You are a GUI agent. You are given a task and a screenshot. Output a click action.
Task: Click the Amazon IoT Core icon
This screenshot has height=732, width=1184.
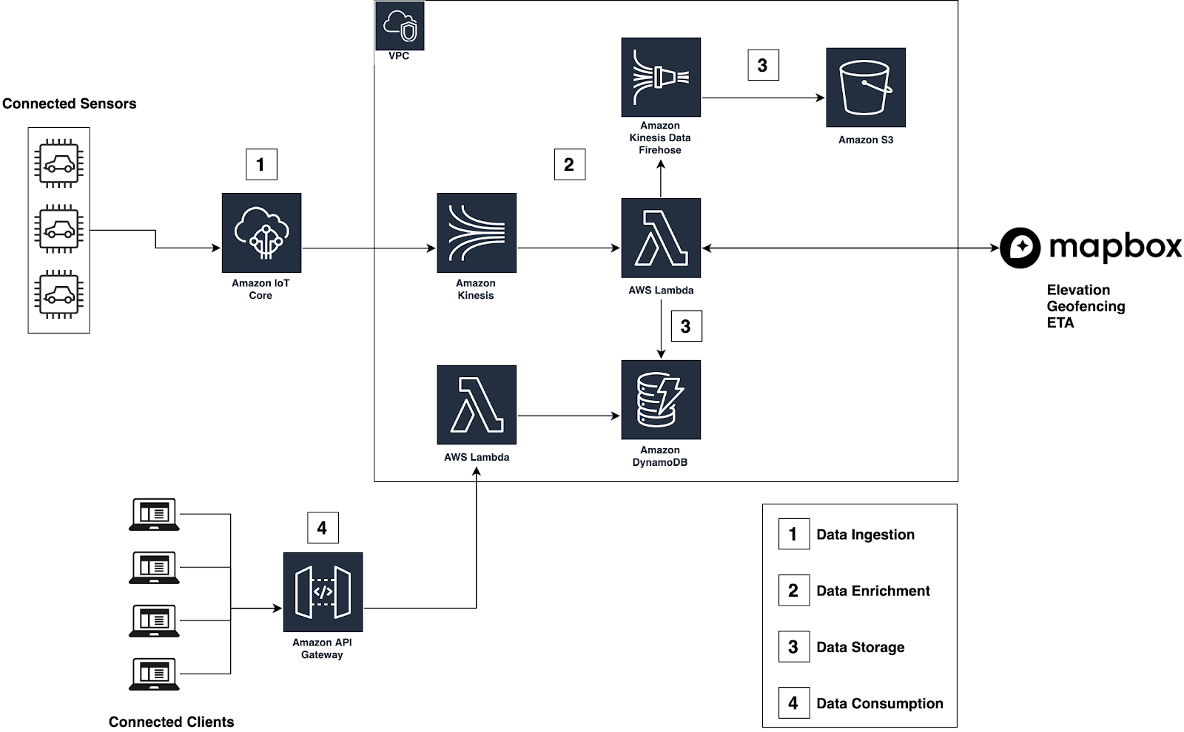[x=262, y=233]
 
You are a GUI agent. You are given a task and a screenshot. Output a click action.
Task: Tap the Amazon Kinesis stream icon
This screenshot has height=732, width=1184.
[x=477, y=233]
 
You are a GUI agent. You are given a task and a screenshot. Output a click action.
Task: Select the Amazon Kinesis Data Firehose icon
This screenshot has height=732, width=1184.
[x=661, y=77]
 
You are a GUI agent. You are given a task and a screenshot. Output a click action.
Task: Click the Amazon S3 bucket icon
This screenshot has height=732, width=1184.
[x=866, y=88]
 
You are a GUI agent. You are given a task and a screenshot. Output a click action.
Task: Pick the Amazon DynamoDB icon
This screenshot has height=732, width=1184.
[x=661, y=400]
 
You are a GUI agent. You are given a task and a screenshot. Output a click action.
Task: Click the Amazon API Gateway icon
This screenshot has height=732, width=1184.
[x=323, y=592]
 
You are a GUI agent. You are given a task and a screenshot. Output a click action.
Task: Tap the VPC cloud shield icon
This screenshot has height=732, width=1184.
[x=400, y=25]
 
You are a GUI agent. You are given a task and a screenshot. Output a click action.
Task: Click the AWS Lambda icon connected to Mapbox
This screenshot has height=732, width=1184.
[x=661, y=238]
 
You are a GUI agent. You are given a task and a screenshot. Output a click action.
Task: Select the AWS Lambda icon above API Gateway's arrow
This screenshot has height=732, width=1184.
[x=477, y=404]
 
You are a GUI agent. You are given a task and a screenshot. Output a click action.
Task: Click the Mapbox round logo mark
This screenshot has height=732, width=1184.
[x=1020, y=248]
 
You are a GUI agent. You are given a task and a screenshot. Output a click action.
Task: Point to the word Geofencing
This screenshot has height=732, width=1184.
[x=1086, y=306]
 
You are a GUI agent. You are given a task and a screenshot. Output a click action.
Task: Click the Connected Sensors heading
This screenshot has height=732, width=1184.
[x=70, y=104]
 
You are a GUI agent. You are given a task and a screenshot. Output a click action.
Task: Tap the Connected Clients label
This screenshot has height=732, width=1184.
[x=171, y=722]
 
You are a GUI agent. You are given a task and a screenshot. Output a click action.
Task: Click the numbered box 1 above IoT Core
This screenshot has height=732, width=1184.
[x=262, y=164]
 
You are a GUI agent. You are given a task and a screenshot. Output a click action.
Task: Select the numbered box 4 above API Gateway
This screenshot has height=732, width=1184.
[x=323, y=528]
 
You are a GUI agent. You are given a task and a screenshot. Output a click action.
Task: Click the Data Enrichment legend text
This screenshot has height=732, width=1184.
[x=873, y=591]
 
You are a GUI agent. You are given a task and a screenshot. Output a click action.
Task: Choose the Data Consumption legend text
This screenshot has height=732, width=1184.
[x=880, y=703]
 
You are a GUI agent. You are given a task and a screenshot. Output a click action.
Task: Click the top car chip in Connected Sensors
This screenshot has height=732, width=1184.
[x=58, y=163]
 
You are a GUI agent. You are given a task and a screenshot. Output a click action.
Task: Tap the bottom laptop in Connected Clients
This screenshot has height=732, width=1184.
[x=155, y=674]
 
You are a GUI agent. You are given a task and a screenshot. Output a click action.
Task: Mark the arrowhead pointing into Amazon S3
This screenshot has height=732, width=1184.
[x=821, y=98]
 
